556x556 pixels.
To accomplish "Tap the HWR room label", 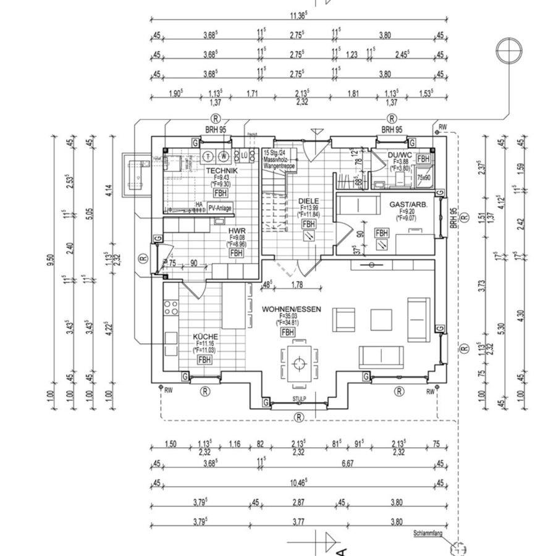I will tap(236, 229).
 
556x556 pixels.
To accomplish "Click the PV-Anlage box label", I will tap(220, 209).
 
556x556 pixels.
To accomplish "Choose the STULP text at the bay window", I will tap(300, 400).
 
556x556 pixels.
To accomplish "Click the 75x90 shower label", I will tap(424, 177).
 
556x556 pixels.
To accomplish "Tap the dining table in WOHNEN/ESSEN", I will tap(300, 363).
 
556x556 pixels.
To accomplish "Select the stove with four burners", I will tap(171, 307).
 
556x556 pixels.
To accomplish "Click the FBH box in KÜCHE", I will tap(204, 360).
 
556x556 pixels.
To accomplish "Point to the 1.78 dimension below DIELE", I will tap(299, 285).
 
